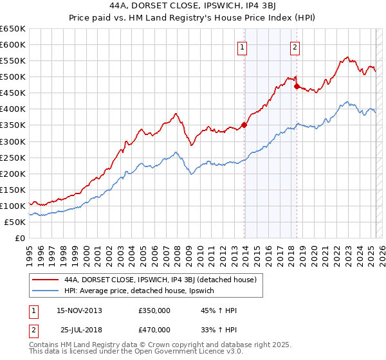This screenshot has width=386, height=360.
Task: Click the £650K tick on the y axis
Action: click(12, 28)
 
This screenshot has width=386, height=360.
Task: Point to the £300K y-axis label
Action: click(12, 141)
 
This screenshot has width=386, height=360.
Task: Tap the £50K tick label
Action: click(15, 222)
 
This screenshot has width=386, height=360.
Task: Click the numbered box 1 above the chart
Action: click(242, 46)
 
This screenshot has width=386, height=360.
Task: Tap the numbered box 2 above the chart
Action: click(295, 46)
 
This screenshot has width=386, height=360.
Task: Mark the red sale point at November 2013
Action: click(244, 125)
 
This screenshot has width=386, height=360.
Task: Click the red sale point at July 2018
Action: click(297, 86)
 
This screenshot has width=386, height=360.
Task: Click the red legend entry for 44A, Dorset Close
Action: click(161, 280)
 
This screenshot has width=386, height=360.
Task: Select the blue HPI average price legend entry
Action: click(143, 291)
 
